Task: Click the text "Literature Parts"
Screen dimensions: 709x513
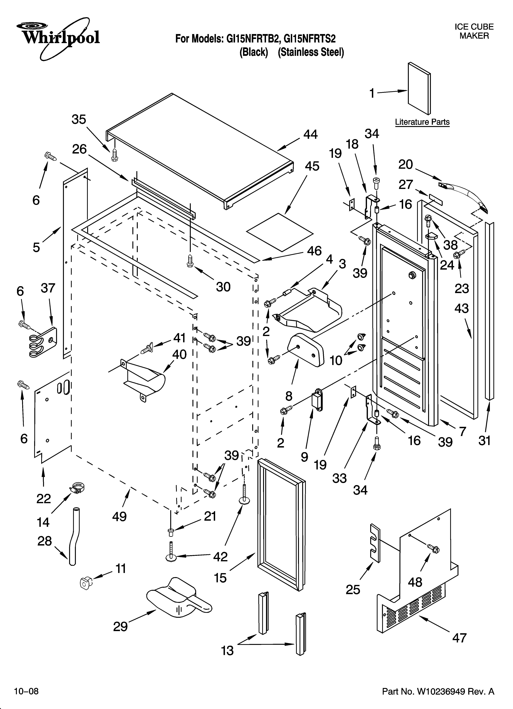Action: (x=422, y=122)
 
